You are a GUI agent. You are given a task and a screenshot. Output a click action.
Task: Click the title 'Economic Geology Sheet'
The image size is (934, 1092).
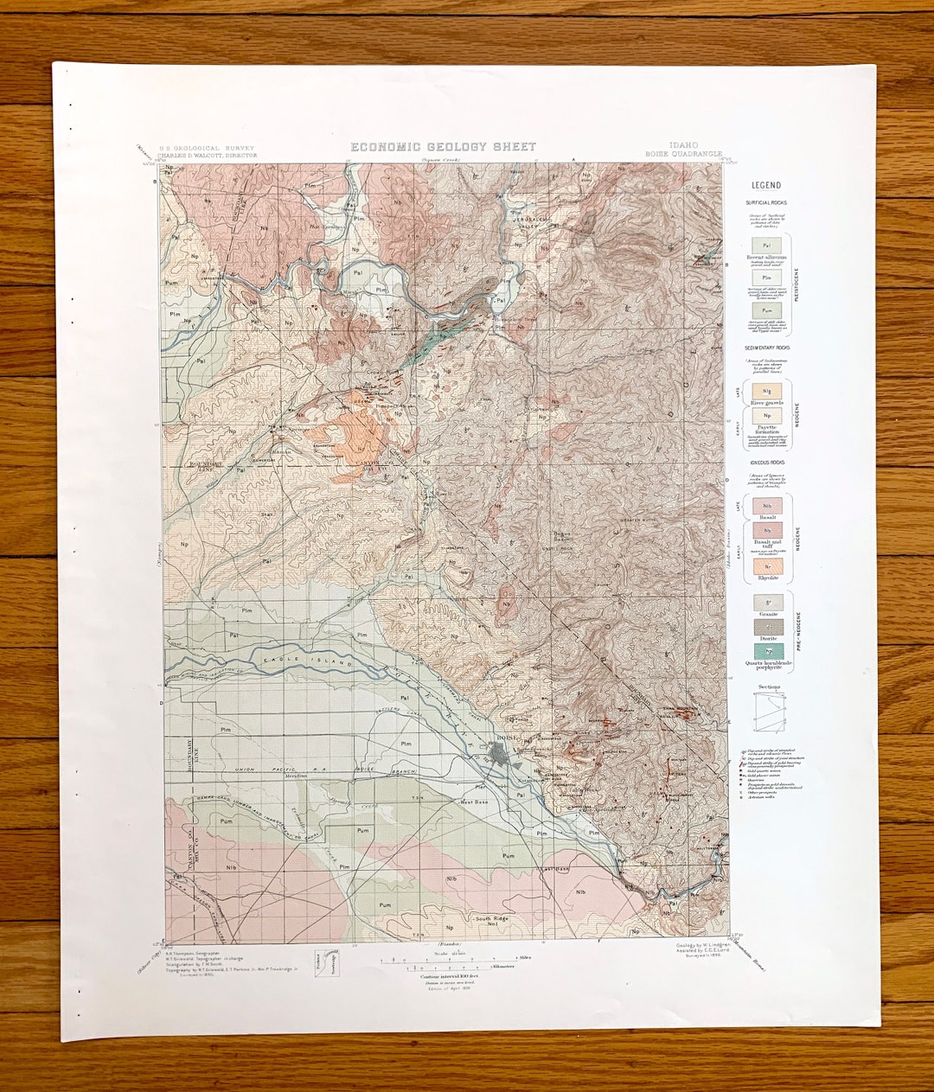click(443, 147)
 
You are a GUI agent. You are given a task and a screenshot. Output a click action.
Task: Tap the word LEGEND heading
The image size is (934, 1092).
click(765, 185)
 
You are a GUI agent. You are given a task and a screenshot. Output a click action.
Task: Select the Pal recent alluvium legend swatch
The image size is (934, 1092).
click(766, 246)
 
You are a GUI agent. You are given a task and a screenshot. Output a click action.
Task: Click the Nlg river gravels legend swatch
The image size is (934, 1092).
click(766, 392)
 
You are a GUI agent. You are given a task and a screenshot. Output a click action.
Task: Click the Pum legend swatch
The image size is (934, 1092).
click(766, 308)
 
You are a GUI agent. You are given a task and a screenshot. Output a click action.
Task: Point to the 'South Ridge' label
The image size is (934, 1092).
click(490, 918)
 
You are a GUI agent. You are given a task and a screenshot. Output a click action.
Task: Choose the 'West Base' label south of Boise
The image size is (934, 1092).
click(474, 801)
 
